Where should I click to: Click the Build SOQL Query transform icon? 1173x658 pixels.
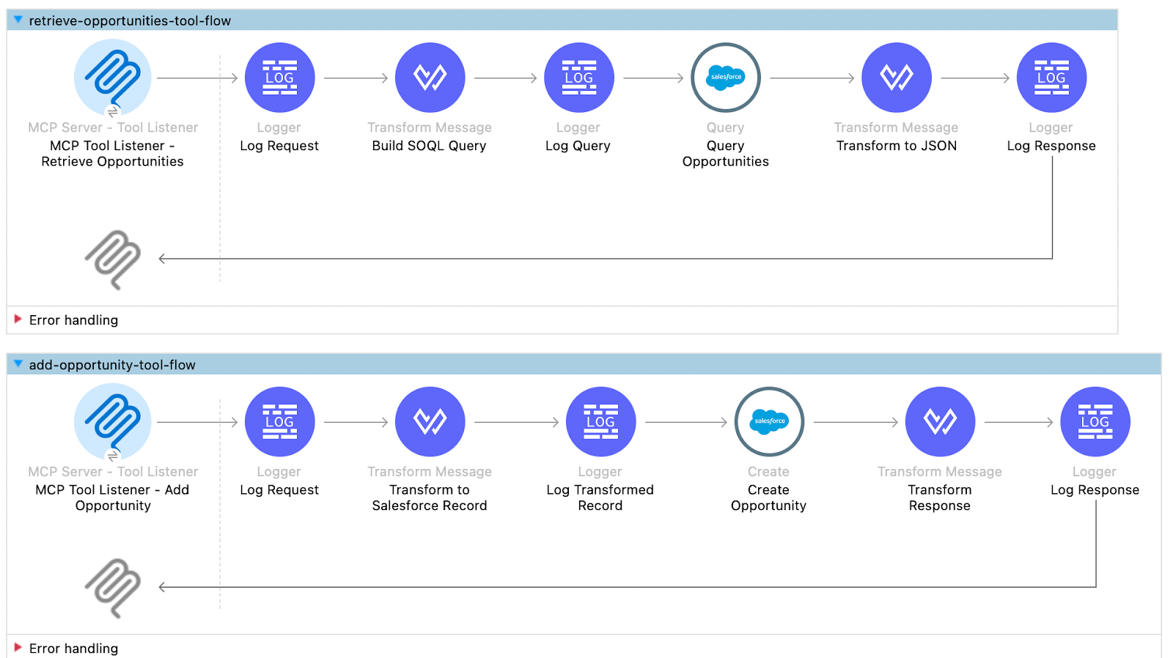coord(430,78)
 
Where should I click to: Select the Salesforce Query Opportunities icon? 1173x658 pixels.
coord(725,78)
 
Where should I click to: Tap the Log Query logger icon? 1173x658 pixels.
coord(578,78)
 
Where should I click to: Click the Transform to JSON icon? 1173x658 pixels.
coord(896,78)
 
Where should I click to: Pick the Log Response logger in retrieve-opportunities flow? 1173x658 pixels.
coord(1051,78)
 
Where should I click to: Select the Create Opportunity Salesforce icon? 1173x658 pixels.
coord(769,422)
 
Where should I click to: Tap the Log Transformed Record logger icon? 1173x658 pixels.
coord(600,422)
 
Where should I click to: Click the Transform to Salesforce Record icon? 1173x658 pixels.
coord(430,422)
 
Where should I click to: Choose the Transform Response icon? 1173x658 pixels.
coord(939,422)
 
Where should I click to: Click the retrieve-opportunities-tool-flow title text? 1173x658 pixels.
coord(130,21)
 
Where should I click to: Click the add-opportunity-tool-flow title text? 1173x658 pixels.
coord(112,365)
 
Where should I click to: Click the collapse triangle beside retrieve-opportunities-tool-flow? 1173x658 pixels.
coord(18,21)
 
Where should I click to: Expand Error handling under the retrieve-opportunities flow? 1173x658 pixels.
coord(18,319)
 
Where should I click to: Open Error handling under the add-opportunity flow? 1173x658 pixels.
coord(18,648)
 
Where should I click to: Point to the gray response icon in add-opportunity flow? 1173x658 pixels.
coord(112,588)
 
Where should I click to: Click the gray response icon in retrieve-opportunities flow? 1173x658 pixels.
coord(112,259)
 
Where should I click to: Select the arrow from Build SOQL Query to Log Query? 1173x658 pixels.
coord(505,78)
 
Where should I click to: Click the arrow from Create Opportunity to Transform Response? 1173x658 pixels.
coord(855,422)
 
